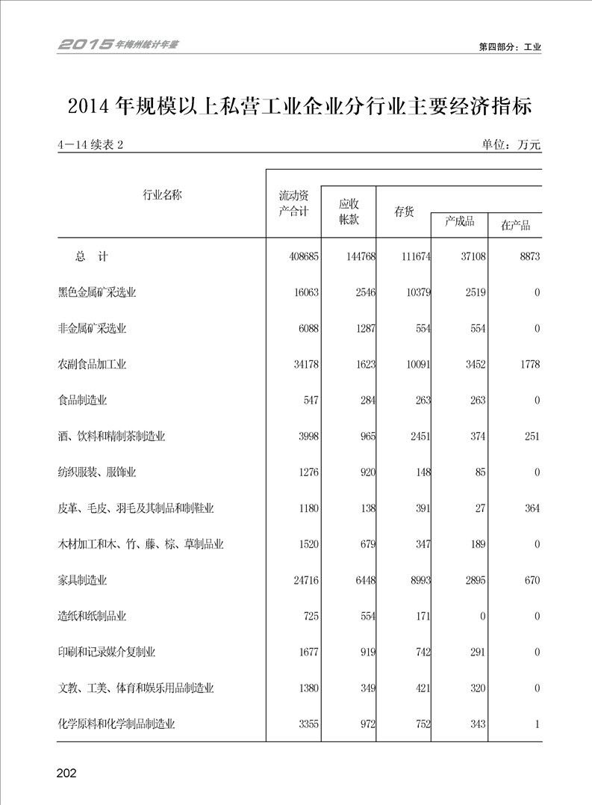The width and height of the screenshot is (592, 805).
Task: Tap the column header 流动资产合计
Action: (x=293, y=203)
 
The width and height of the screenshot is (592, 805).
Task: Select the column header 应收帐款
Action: (x=349, y=212)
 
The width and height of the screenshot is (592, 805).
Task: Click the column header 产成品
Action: (x=459, y=222)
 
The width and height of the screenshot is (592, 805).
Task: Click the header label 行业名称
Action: (x=162, y=196)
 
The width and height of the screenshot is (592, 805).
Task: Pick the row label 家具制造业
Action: (x=83, y=580)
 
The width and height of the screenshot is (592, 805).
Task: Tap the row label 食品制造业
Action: (x=83, y=401)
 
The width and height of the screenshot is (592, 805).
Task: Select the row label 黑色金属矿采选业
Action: (x=97, y=293)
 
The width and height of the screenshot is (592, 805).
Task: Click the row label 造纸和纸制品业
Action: (x=93, y=617)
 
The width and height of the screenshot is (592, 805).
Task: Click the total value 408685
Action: (x=303, y=256)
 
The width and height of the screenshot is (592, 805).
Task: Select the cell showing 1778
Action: (x=527, y=365)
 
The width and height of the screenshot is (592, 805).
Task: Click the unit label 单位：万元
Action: (x=511, y=145)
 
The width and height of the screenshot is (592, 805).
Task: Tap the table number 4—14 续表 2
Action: (x=90, y=145)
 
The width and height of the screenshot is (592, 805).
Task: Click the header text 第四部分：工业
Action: (x=510, y=46)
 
